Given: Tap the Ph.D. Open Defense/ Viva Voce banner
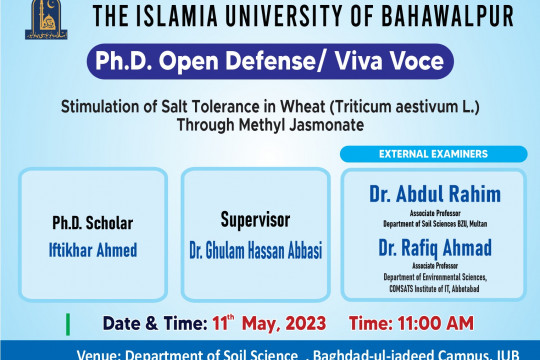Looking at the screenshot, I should tap(269, 61).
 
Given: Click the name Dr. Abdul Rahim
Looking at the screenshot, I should tap(433, 194).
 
